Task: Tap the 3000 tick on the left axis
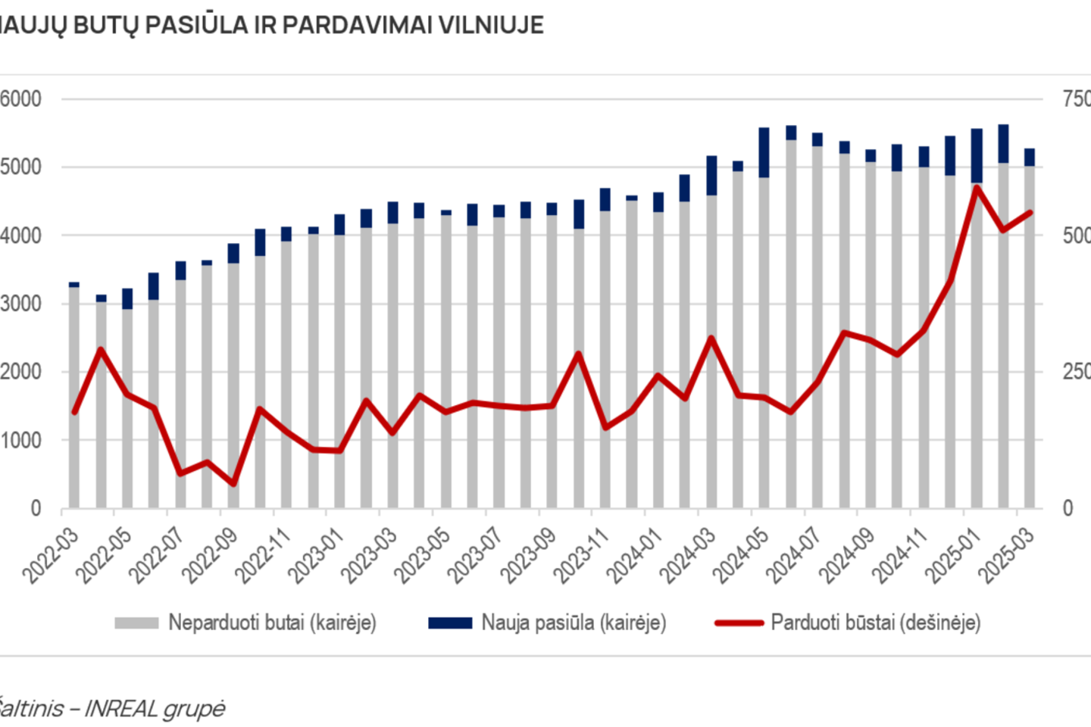pyautogui.click(x=21, y=304)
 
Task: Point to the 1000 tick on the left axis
pyautogui.click(x=21, y=440)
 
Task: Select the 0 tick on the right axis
pyautogui.click(x=1068, y=508)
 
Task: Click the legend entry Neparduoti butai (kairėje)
pyautogui.click(x=272, y=622)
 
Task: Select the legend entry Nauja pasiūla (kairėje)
pyautogui.click(x=574, y=622)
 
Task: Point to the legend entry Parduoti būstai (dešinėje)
pyautogui.click(x=875, y=622)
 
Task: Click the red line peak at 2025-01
pyautogui.click(x=977, y=187)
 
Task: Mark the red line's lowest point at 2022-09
pyautogui.click(x=233, y=483)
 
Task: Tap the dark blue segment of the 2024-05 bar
pyautogui.click(x=764, y=153)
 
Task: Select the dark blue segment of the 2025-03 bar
pyautogui.click(x=1030, y=158)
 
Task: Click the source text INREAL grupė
pyautogui.click(x=155, y=709)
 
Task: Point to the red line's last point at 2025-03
pyautogui.click(x=1030, y=213)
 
